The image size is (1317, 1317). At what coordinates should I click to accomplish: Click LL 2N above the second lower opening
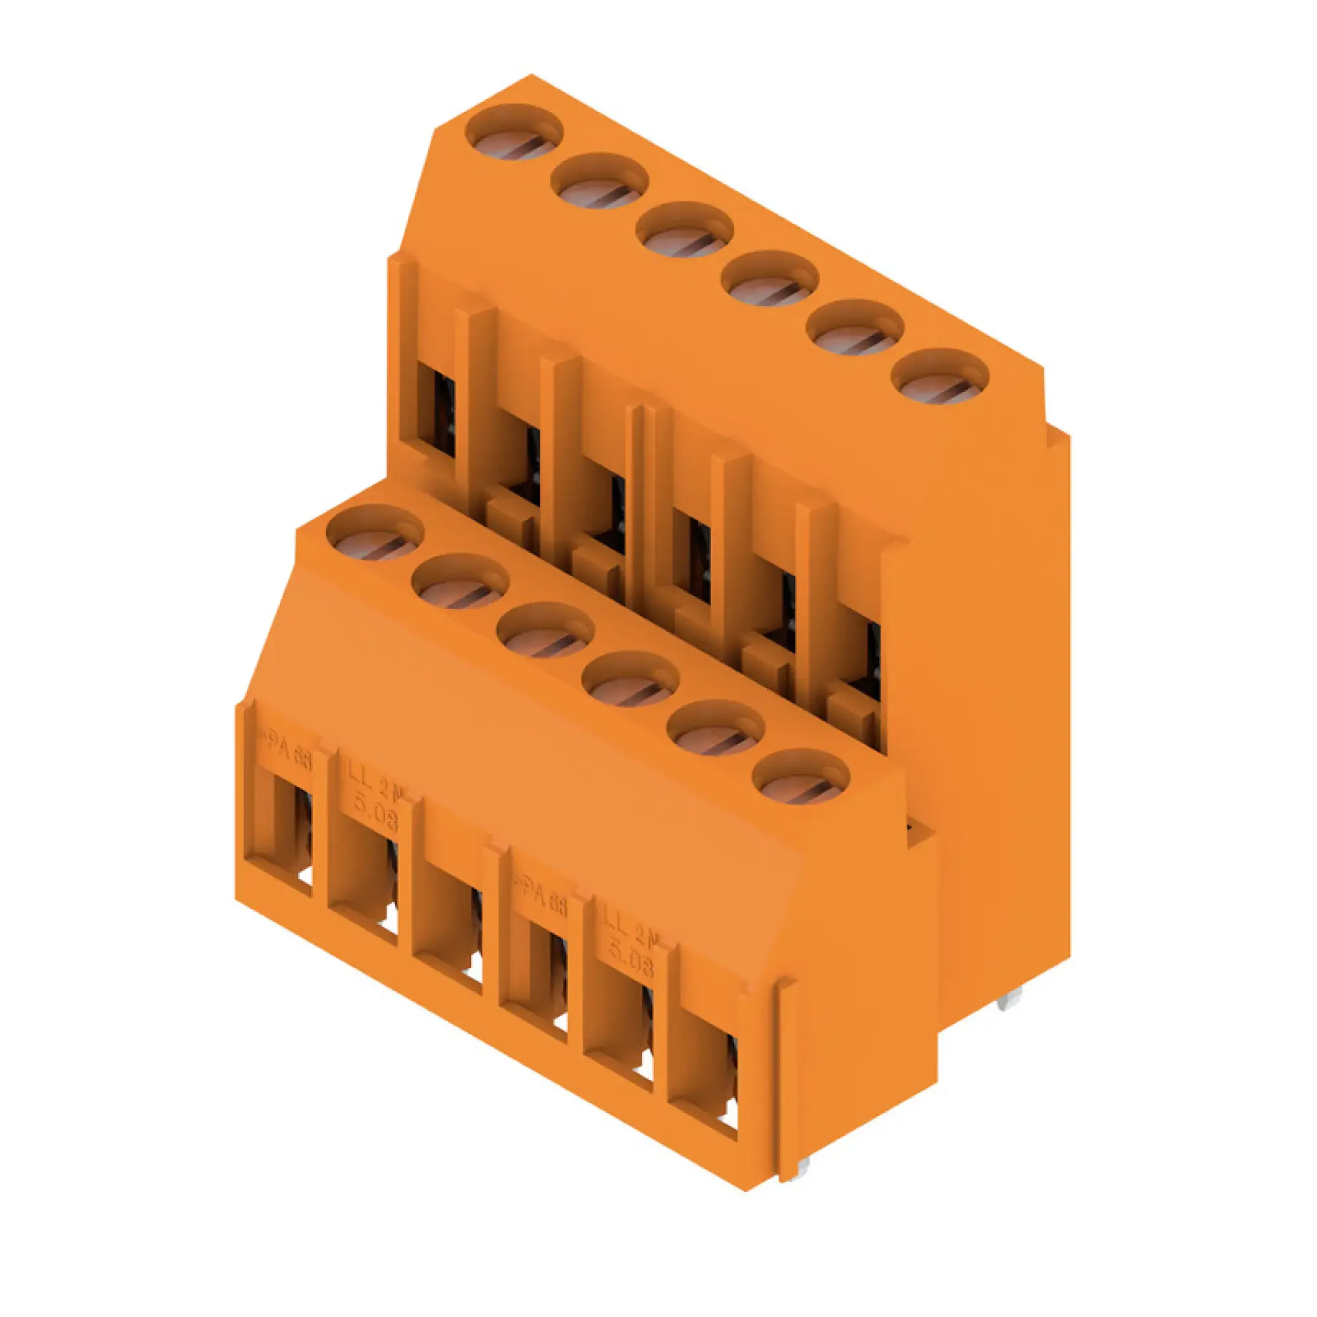pos(375,782)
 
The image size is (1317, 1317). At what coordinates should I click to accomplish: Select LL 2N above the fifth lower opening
pos(631,930)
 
